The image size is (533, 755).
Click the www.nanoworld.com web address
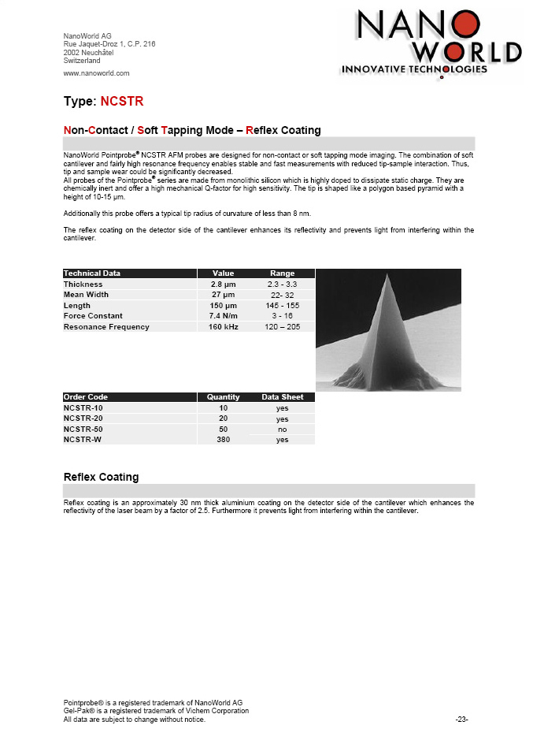pos(96,73)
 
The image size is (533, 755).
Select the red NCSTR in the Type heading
pos(122,102)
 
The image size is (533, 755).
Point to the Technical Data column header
pos(92,273)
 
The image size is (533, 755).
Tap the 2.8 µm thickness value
pos(224,284)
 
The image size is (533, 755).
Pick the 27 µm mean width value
pos(224,295)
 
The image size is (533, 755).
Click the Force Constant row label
pos(93,316)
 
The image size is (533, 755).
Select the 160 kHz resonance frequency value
pos(224,326)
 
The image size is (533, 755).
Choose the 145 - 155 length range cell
pos(283,305)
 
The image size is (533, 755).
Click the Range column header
pos(283,273)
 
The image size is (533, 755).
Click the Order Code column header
pos(86,397)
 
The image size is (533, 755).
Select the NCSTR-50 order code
pos(83,429)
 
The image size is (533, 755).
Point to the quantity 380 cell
pos(224,440)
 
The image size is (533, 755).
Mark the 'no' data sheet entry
pos(283,430)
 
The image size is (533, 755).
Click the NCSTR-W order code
pos(82,440)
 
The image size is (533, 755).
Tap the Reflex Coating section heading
pos(101,477)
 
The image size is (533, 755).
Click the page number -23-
pos(462,720)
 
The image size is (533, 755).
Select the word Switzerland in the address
pos(81,61)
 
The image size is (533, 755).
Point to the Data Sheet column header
pos(283,397)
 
